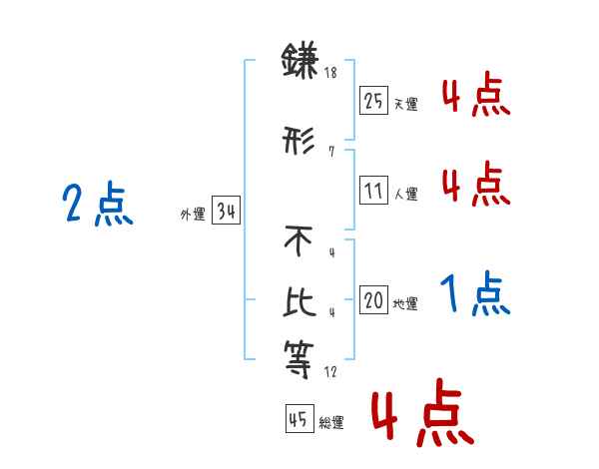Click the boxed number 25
pos(374,101)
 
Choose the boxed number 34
pos(226,212)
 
